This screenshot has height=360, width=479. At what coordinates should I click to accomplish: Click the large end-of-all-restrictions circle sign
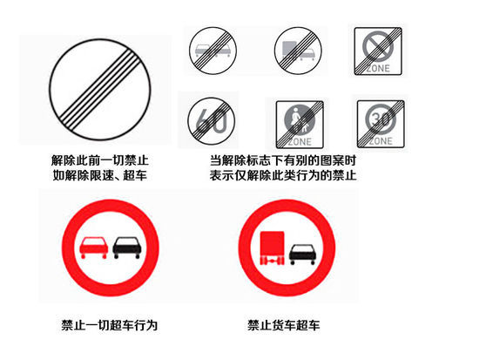(100, 90)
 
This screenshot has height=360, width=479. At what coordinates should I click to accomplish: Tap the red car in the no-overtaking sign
(93, 248)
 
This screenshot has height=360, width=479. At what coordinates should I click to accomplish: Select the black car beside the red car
(127, 248)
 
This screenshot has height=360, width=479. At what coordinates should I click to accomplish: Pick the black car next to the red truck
(302, 254)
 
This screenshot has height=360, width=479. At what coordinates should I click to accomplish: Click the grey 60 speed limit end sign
(211, 120)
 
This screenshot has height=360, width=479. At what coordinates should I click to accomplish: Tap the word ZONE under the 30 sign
(381, 141)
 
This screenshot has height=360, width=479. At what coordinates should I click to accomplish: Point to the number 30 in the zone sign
(381, 119)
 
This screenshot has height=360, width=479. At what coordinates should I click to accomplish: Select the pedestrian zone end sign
(300, 125)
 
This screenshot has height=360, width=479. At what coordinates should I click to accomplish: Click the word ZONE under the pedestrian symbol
(300, 142)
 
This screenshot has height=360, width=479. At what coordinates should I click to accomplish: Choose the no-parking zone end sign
(378, 51)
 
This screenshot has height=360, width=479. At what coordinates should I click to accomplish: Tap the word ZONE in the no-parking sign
(378, 68)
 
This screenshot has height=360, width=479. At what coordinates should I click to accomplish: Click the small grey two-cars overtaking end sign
(213, 51)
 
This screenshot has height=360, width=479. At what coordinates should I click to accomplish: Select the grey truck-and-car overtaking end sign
(298, 51)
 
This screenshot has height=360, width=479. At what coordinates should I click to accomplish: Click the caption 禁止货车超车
(284, 325)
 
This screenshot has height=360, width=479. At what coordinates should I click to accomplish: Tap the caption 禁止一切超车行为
(110, 325)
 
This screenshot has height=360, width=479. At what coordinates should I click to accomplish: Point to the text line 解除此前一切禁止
(100, 160)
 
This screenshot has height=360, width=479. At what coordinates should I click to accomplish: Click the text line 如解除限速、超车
(100, 175)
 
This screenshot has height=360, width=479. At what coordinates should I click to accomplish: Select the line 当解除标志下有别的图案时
(283, 160)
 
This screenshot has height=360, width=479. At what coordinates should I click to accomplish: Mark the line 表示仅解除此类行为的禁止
(283, 175)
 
